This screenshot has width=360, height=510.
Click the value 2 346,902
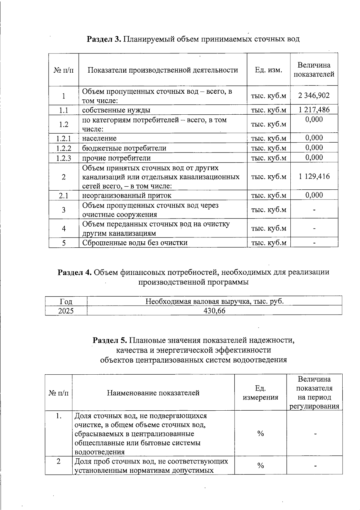point(314,95)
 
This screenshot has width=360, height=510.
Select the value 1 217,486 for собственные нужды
point(314,110)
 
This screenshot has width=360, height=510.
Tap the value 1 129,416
point(314,176)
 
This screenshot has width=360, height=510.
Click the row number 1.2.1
point(64,138)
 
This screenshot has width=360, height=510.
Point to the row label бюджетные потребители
point(124,148)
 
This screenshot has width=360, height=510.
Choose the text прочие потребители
point(116,158)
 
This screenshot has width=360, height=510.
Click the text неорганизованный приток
point(127,196)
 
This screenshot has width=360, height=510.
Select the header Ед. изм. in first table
point(268,70)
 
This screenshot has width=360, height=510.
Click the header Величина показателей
point(314,70)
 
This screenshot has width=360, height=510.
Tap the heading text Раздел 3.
point(104,39)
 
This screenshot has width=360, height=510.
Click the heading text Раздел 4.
point(75,272)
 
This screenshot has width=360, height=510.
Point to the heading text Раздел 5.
point(110,340)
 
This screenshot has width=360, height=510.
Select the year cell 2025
point(66,311)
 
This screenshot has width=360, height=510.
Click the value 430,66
point(214,311)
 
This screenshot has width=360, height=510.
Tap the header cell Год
point(66,301)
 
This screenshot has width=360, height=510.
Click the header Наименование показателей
point(153,393)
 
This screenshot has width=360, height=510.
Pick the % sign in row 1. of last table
point(260,433)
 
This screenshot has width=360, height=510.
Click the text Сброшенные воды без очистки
point(135,243)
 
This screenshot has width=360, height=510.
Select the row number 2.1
point(64,196)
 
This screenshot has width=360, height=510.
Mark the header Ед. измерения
point(260,393)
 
